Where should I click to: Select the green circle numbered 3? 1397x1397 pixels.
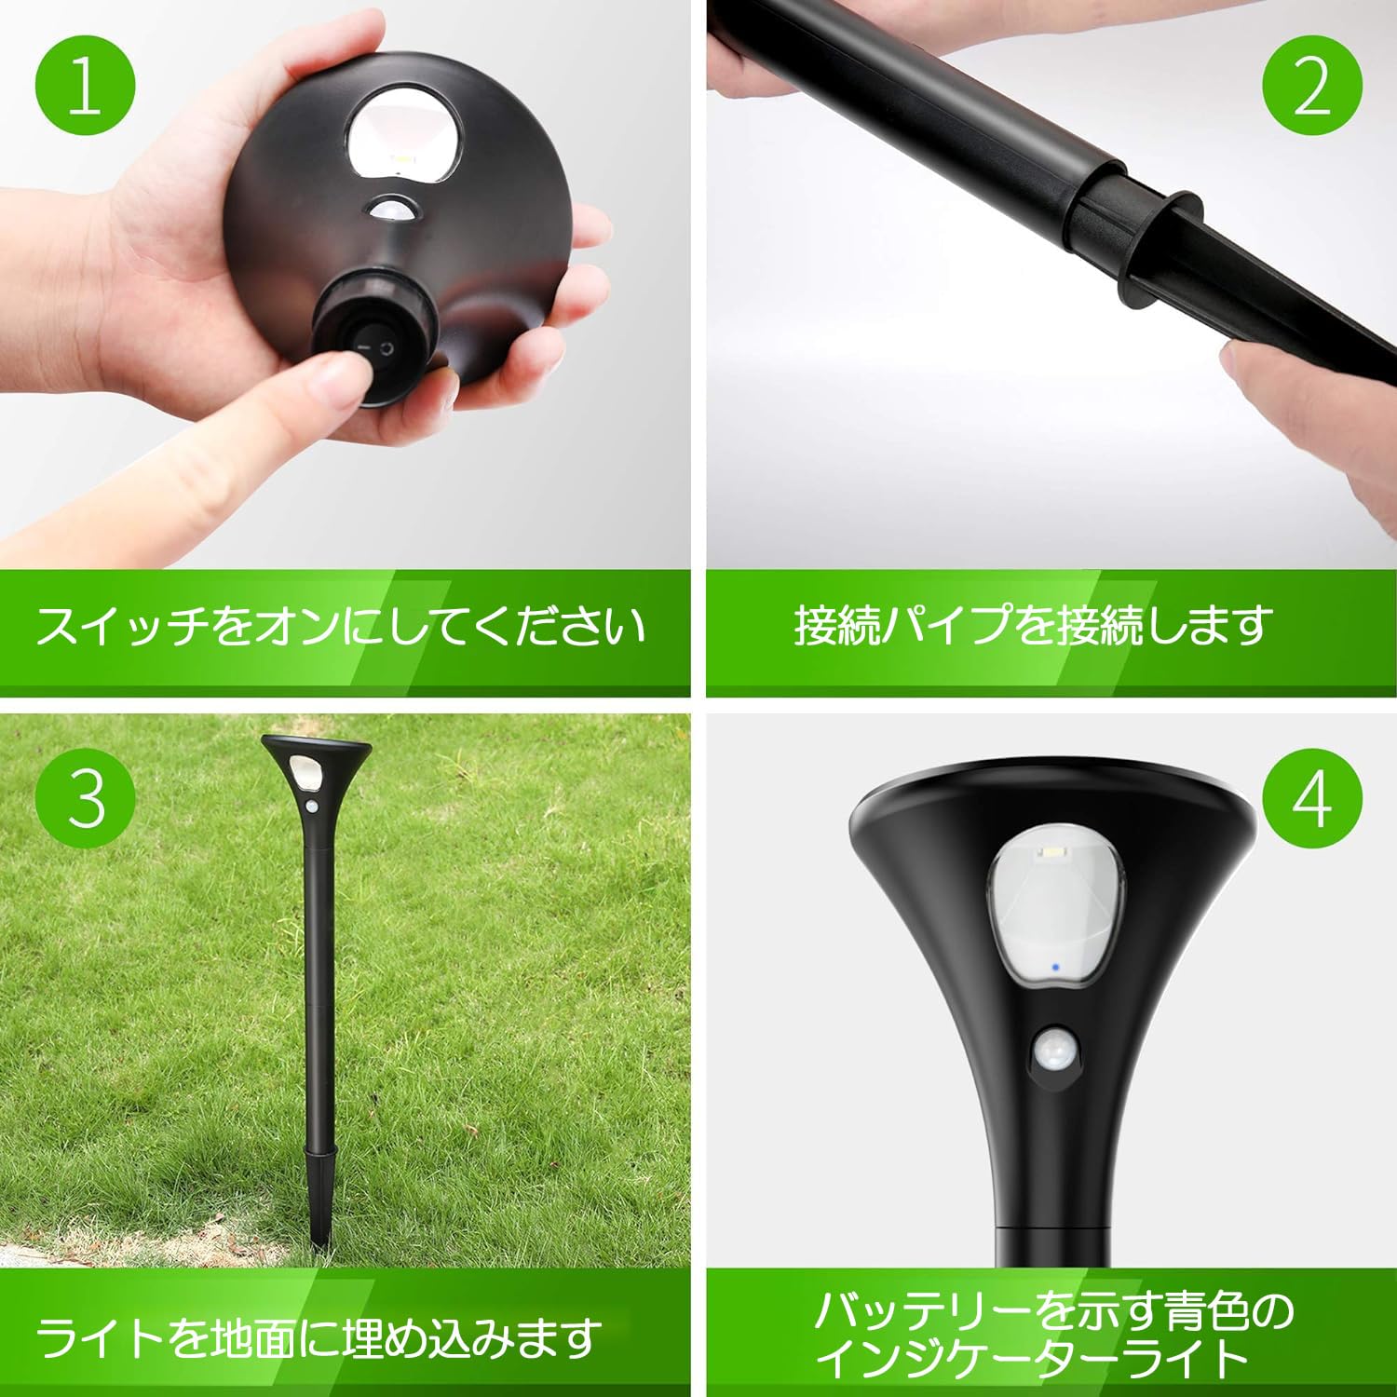coord(86,797)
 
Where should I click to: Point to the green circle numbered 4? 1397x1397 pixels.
coord(1312,797)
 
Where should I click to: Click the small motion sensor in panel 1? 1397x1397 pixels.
coord(396,212)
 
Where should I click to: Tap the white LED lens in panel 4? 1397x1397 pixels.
coord(1056,903)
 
